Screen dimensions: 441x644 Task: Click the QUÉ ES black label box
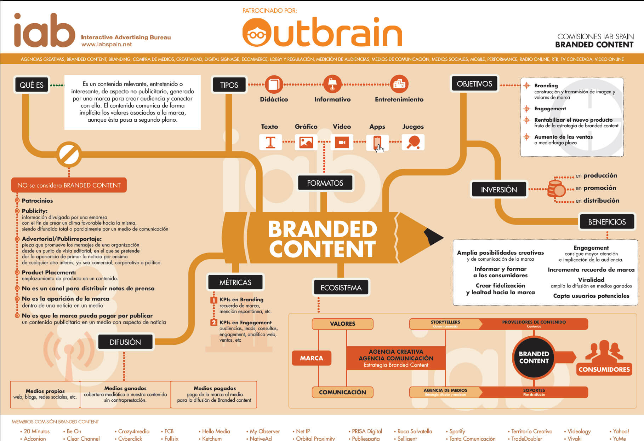32,85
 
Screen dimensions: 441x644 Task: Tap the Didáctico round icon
274,85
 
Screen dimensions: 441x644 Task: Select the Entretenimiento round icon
399,84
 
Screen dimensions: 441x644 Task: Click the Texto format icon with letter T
270,142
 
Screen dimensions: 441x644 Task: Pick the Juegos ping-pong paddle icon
413,142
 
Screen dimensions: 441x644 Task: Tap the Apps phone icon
377,143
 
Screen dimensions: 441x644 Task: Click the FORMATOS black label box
325,183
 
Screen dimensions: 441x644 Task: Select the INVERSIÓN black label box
499,190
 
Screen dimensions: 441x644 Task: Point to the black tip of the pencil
433,237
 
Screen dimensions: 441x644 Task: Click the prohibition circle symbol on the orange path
69,154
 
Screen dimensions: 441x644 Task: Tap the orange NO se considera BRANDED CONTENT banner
69,185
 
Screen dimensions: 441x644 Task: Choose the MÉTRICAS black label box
235,282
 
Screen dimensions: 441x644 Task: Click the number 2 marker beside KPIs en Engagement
213,323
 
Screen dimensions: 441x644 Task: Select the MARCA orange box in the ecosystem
312,358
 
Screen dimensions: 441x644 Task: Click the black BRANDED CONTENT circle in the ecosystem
534,358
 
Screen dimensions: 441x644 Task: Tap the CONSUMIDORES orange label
604,369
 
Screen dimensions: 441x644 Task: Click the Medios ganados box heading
125,388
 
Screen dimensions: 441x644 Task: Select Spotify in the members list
457,431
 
